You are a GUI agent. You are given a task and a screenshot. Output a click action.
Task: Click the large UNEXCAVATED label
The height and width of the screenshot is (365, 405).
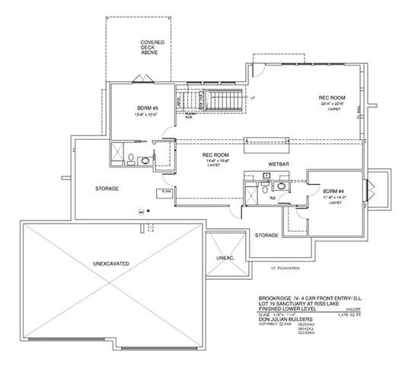click(110, 262)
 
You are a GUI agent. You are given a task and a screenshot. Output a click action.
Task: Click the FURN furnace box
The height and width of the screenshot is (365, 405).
click(166, 192)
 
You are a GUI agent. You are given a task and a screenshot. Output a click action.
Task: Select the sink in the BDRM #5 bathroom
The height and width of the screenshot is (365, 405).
click(145, 158)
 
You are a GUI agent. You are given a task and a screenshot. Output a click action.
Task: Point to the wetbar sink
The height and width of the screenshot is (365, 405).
click(266, 175)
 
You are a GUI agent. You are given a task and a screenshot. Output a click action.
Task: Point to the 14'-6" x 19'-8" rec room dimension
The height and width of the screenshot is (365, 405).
click(211, 161)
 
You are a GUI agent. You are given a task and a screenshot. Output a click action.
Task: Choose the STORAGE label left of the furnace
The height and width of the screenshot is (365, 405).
click(107, 188)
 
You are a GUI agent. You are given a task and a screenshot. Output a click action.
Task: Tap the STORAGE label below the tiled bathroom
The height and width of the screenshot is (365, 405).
click(266, 235)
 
